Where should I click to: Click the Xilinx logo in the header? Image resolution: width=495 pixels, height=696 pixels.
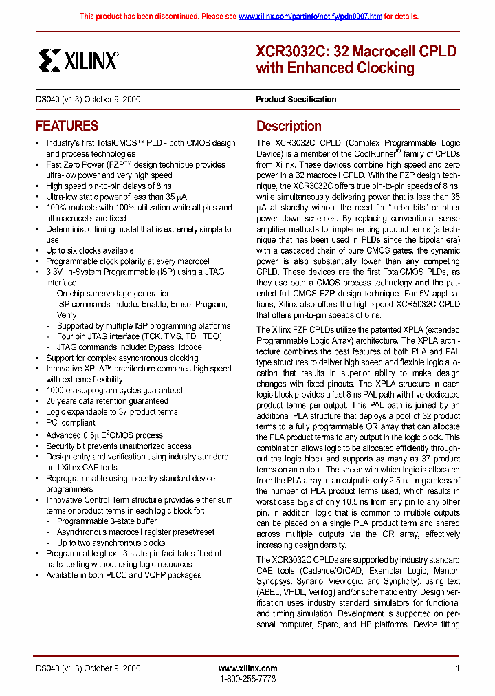click(x=78, y=60)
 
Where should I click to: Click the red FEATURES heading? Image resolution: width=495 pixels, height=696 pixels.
click(x=67, y=126)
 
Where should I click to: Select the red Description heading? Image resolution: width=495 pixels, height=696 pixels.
click(x=289, y=126)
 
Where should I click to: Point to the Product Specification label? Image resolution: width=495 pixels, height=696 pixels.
click(x=296, y=99)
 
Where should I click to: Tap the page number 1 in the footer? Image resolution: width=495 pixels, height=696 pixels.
click(x=457, y=668)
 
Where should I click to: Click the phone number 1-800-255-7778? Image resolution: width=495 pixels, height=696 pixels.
click(x=247, y=679)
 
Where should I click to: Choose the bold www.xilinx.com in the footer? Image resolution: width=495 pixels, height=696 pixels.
click(x=247, y=668)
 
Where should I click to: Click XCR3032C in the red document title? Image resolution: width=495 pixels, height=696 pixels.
click(x=283, y=52)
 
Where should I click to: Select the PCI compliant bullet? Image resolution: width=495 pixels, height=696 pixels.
click(x=70, y=422)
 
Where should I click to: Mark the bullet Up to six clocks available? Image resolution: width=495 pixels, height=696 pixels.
click(x=89, y=250)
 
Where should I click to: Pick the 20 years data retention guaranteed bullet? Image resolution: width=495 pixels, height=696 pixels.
click(x=107, y=400)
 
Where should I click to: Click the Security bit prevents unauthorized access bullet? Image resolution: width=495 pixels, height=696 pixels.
click(x=118, y=446)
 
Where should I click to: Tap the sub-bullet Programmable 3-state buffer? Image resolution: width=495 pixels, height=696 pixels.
click(x=107, y=521)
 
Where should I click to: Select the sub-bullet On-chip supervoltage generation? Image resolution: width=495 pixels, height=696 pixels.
click(x=113, y=293)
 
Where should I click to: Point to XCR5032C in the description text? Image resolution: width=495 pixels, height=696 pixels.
click(x=417, y=304)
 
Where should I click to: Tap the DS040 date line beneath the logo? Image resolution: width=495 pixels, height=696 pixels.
click(x=88, y=99)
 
